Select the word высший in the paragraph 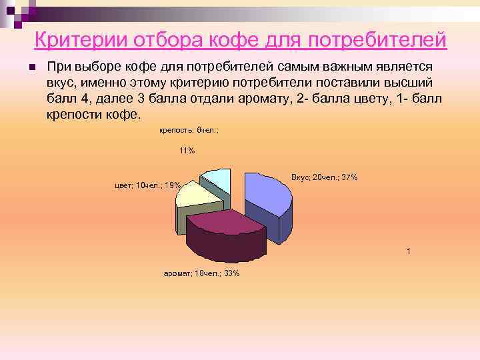[x=411, y=83]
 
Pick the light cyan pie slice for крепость [x=217, y=180]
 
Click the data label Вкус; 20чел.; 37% [x=325, y=177]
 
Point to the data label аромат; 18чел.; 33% [x=201, y=273]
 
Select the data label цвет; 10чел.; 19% [x=147, y=185]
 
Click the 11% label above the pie [x=187, y=151]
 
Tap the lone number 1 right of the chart [x=409, y=251]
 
